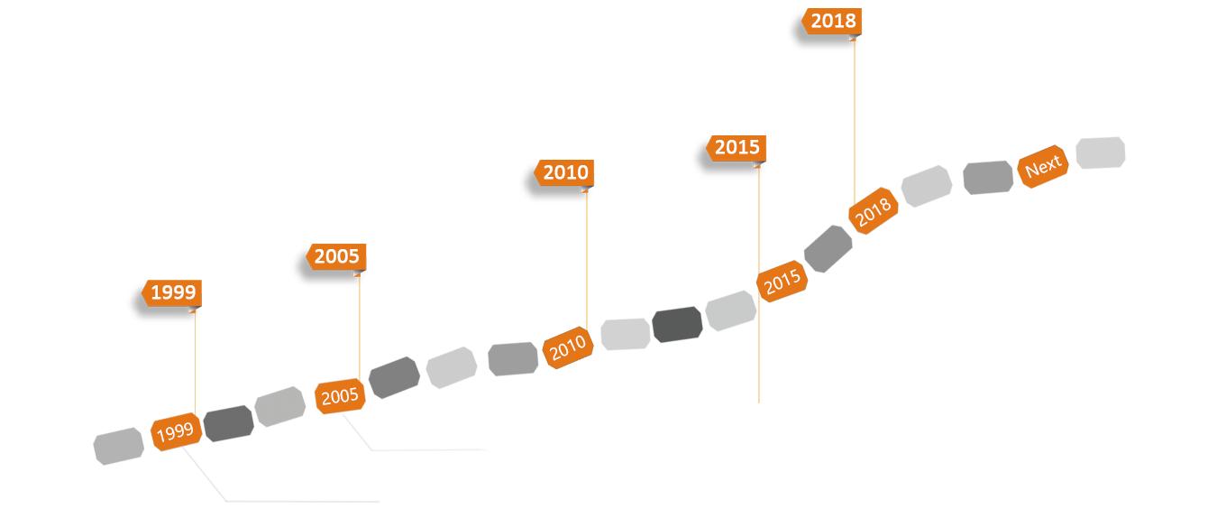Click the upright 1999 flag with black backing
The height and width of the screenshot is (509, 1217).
172,293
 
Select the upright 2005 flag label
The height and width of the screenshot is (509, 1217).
336,257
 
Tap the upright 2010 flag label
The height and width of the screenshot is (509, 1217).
565,173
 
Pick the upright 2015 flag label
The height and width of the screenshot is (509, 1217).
737,148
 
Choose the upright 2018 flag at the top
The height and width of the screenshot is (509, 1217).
832,22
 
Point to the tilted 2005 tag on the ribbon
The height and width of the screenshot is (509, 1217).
339,395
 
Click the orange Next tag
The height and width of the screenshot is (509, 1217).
1043,167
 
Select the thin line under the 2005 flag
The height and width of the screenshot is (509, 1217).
360,325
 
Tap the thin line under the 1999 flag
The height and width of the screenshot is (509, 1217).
195,361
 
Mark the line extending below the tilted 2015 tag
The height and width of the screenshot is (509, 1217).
759,361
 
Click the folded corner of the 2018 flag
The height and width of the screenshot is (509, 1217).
853,37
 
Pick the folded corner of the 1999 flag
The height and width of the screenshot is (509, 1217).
193,310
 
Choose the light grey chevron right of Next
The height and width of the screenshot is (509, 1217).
1097,164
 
